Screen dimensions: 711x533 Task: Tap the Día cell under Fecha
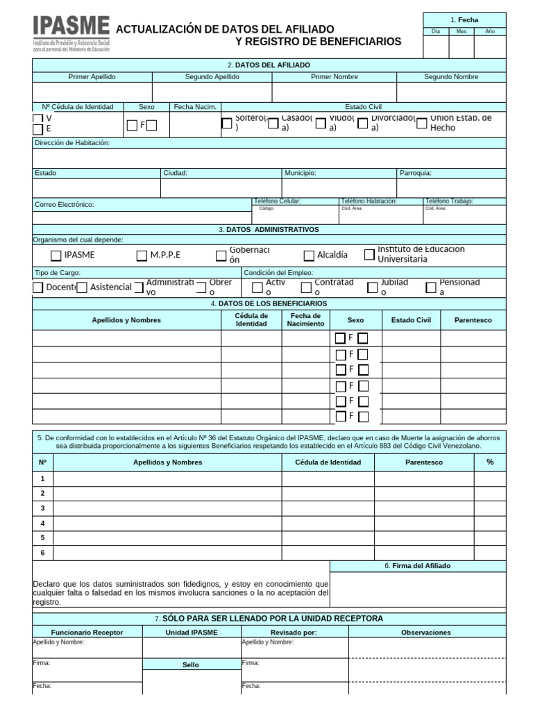pos(436,31)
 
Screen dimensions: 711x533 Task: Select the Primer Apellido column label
pos(92,76)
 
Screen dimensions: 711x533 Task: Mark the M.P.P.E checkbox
pos(142,255)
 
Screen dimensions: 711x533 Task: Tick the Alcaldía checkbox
pos(309,255)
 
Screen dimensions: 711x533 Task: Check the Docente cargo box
pos(37,287)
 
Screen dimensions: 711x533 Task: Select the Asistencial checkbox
pos(82,287)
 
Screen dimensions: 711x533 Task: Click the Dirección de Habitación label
pos(72,143)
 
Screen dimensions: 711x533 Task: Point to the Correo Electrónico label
pos(64,204)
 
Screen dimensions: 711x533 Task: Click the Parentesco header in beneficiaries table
pos(473,320)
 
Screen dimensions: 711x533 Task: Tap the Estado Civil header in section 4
pos(411,320)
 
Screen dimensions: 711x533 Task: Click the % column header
pos(490,462)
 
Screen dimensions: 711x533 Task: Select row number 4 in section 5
pos(42,523)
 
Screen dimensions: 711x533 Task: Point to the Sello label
pos(191,664)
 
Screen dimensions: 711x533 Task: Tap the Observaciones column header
pos(426,633)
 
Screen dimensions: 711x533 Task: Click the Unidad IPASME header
pos(192,633)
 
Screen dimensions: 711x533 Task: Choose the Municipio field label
pos(301,173)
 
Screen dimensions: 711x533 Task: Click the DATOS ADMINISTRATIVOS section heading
pos(269,229)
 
